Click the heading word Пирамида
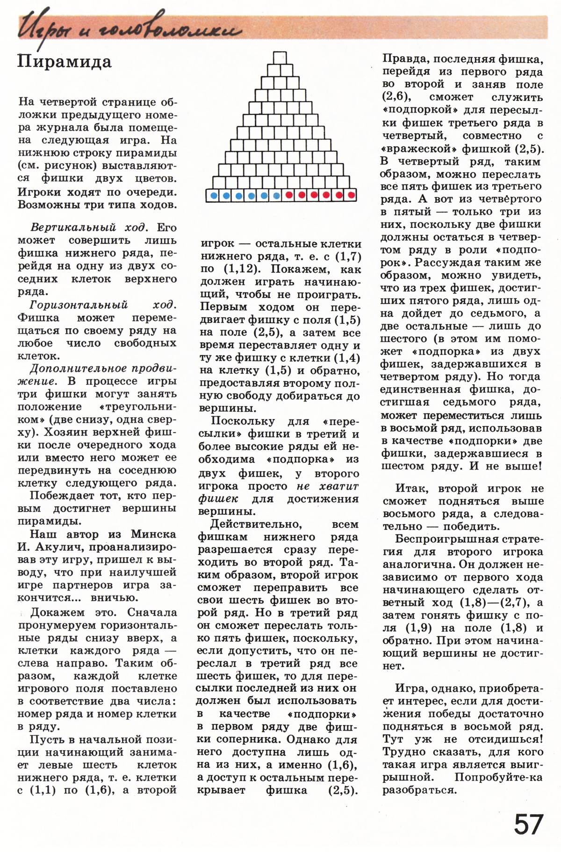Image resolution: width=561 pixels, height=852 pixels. coord(65,62)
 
